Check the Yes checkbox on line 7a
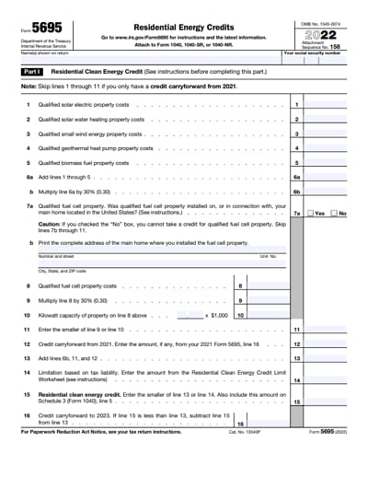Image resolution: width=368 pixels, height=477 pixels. pyautogui.click(x=311, y=213)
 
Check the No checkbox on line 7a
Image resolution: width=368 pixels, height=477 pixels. pyautogui.click(x=334, y=213)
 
